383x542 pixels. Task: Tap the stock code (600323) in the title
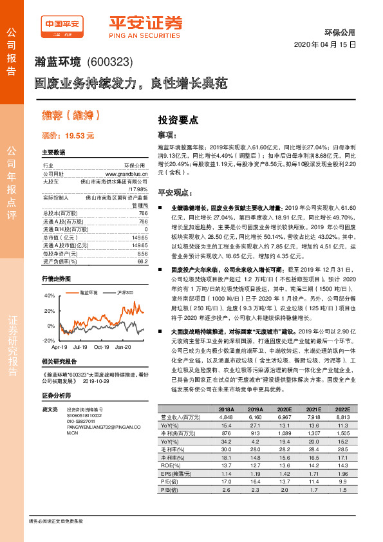(x=108, y=62)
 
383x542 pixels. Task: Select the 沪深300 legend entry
(x=124, y=292)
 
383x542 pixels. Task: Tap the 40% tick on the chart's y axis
(x=49, y=295)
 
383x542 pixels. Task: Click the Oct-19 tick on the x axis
(x=101, y=346)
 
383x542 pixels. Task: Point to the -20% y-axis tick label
(x=48, y=340)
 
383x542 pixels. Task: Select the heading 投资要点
(x=178, y=120)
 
